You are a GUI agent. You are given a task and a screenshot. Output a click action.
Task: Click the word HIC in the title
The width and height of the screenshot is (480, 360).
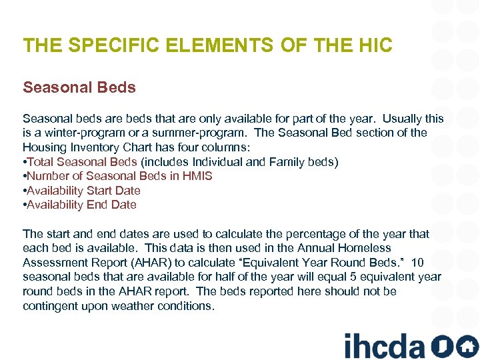pos(373,45)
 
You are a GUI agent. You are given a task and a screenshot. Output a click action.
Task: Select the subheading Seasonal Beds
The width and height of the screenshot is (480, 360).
pos(79,87)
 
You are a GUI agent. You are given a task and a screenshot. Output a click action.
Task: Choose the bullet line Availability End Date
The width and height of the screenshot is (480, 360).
pos(81,205)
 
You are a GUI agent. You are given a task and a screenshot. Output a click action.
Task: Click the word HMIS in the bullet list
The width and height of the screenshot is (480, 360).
pos(198,176)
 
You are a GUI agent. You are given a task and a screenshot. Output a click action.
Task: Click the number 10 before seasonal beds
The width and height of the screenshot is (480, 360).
pos(417,263)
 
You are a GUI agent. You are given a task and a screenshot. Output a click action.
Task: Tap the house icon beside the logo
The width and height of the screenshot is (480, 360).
pos(468,346)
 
